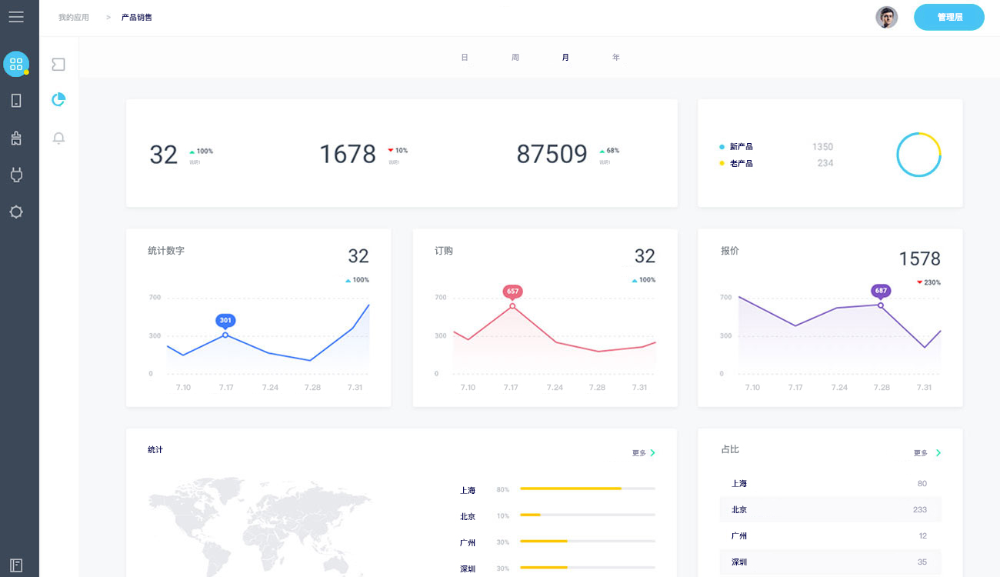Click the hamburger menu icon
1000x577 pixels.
pos(16,17)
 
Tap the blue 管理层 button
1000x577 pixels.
pos(949,17)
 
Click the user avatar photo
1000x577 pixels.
pos(887,17)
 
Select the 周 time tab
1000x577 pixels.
pos(515,58)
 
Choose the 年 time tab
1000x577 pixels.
pos(616,58)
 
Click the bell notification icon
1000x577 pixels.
pos(58,138)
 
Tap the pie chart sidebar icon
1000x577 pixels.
pos(58,100)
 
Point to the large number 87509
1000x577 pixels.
pos(552,154)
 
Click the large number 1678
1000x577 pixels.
pos(348,154)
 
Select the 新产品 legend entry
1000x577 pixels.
pos(741,146)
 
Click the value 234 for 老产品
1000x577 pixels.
pos(825,163)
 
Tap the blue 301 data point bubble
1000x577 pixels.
pos(225,320)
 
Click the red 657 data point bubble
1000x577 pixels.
pos(512,292)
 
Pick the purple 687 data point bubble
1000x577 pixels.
pos(881,291)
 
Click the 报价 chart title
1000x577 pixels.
pos(730,251)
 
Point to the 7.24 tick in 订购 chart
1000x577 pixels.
pos(555,387)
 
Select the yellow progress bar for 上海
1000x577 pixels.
pos(571,489)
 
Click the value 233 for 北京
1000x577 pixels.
pos(920,509)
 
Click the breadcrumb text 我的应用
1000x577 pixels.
pos(74,17)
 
